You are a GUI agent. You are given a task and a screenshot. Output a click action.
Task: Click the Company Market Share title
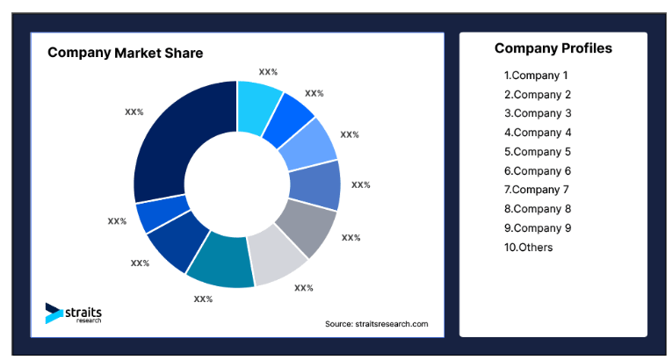(x=125, y=53)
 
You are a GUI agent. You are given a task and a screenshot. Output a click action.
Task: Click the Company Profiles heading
(x=553, y=48)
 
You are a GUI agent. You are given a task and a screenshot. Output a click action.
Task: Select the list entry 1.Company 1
(x=537, y=76)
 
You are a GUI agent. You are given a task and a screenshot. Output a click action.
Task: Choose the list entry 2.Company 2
(x=538, y=95)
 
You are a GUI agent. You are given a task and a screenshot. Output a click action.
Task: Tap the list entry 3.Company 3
(x=538, y=113)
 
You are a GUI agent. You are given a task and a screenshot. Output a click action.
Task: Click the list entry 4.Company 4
(x=538, y=133)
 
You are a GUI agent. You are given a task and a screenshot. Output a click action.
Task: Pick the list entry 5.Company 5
(x=538, y=152)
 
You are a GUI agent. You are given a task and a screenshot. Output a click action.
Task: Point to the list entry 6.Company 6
(x=538, y=171)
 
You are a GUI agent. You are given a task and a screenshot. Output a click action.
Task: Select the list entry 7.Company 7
(x=538, y=190)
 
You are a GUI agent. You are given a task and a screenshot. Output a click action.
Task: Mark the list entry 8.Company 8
(x=538, y=209)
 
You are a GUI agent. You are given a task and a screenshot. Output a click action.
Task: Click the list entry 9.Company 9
(x=538, y=228)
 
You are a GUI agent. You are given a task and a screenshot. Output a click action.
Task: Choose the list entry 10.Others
(x=529, y=248)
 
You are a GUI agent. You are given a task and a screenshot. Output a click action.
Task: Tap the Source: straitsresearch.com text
(x=376, y=324)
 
